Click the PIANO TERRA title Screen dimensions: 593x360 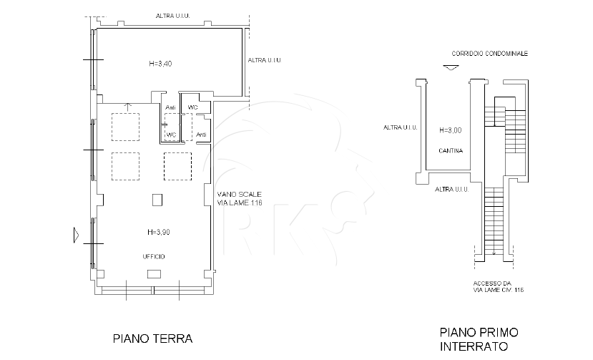(x=153, y=339)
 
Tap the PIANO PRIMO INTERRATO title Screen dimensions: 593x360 (x=479, y=339)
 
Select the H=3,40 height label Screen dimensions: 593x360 (x=160, y=64)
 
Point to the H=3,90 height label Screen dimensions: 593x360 (x=159, y=232)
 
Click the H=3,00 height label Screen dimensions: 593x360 (x=451, y=130)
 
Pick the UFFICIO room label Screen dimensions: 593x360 (x=154, y=257)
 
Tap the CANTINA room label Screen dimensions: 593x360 (x=451, y=151)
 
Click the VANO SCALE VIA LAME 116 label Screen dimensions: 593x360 (x=240, y=198)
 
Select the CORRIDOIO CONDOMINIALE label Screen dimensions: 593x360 (x=490, y=54)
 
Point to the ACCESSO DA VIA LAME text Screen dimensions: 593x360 (x=499, y=286)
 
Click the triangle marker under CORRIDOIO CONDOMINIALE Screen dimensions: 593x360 (x=451, y=68)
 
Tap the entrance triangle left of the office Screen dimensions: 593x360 (x=76, y=235)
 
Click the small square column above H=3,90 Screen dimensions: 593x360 (x=157, y=200)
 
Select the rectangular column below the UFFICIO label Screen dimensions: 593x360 (x=154, y=273)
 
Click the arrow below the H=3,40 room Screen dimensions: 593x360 (x=128, y=107)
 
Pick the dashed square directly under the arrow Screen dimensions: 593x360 (x=126, y=127)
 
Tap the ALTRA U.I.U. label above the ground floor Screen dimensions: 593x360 (x=173, y=16)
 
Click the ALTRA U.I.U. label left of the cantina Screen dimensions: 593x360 (x=401, y=127)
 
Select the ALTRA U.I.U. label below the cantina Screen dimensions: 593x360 (x=452, y=189)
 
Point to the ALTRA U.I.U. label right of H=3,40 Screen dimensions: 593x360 (x=265, y=60)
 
